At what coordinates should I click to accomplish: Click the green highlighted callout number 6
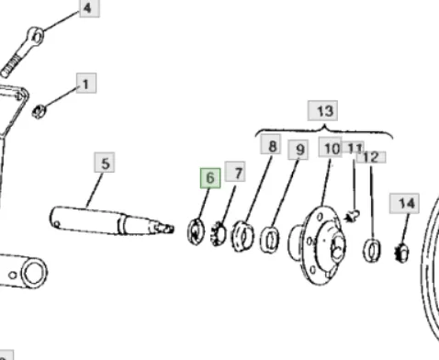click(210, 178)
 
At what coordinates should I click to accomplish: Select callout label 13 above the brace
click(323, 110)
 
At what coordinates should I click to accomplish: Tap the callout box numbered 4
click(89, 8)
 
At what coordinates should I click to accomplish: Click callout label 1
click(86, 83)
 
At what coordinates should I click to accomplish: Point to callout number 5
click(105, 163)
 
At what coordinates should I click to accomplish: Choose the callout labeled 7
click(235, 172)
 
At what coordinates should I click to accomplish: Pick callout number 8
click(271, 144)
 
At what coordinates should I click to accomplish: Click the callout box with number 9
click(298, 150)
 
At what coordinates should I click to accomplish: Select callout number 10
click(331, 147)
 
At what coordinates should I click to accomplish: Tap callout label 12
click(371, 157)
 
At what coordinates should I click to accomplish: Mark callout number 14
click(404, 203)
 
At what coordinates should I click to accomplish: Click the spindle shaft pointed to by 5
click(112, 221)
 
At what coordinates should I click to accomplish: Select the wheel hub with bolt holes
click(319, 245)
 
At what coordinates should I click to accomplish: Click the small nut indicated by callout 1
click(39, 111)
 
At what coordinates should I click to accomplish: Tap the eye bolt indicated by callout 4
click(22, 52)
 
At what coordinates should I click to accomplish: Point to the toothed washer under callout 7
click(219, 233)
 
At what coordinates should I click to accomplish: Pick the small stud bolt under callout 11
click(353, 216)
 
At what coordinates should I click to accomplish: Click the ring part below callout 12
click(372, 250)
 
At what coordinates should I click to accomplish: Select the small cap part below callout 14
click(401, 253)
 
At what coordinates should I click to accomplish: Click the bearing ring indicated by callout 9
click(269, 240)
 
